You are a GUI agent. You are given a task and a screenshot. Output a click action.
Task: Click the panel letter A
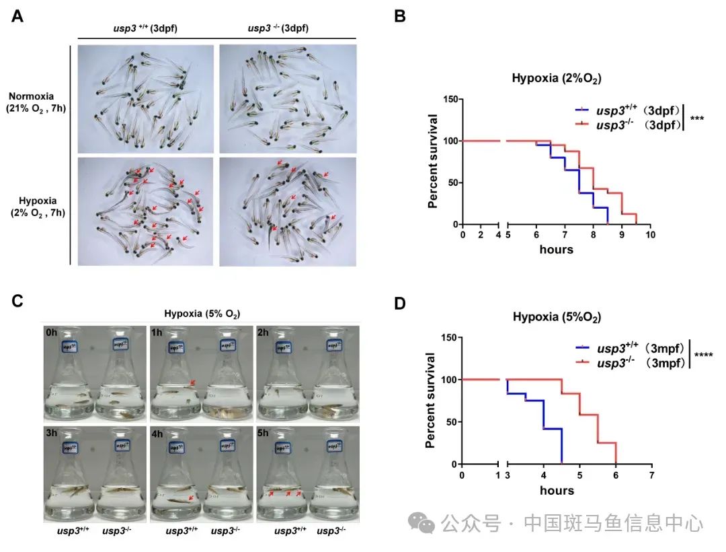(17, 17)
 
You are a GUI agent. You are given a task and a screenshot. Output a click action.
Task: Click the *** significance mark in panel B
(697, 119)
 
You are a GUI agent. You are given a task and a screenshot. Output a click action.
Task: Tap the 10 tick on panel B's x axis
(650, 234)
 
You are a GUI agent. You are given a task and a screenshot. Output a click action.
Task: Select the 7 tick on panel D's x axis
(651, 475)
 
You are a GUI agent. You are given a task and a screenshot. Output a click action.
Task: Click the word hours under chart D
(557, 491)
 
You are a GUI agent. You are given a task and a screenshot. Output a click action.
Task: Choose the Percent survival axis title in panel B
(434, 162)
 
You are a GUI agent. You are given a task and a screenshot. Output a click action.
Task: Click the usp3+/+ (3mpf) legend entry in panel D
(633, 349)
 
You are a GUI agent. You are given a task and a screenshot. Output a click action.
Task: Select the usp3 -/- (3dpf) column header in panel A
(278, 28)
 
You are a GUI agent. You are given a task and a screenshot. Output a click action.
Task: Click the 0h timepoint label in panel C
(52, 333)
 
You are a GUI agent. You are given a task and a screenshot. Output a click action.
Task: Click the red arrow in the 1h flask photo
(193, 383)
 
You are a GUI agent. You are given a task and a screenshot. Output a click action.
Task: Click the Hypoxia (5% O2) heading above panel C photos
(203, 313)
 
